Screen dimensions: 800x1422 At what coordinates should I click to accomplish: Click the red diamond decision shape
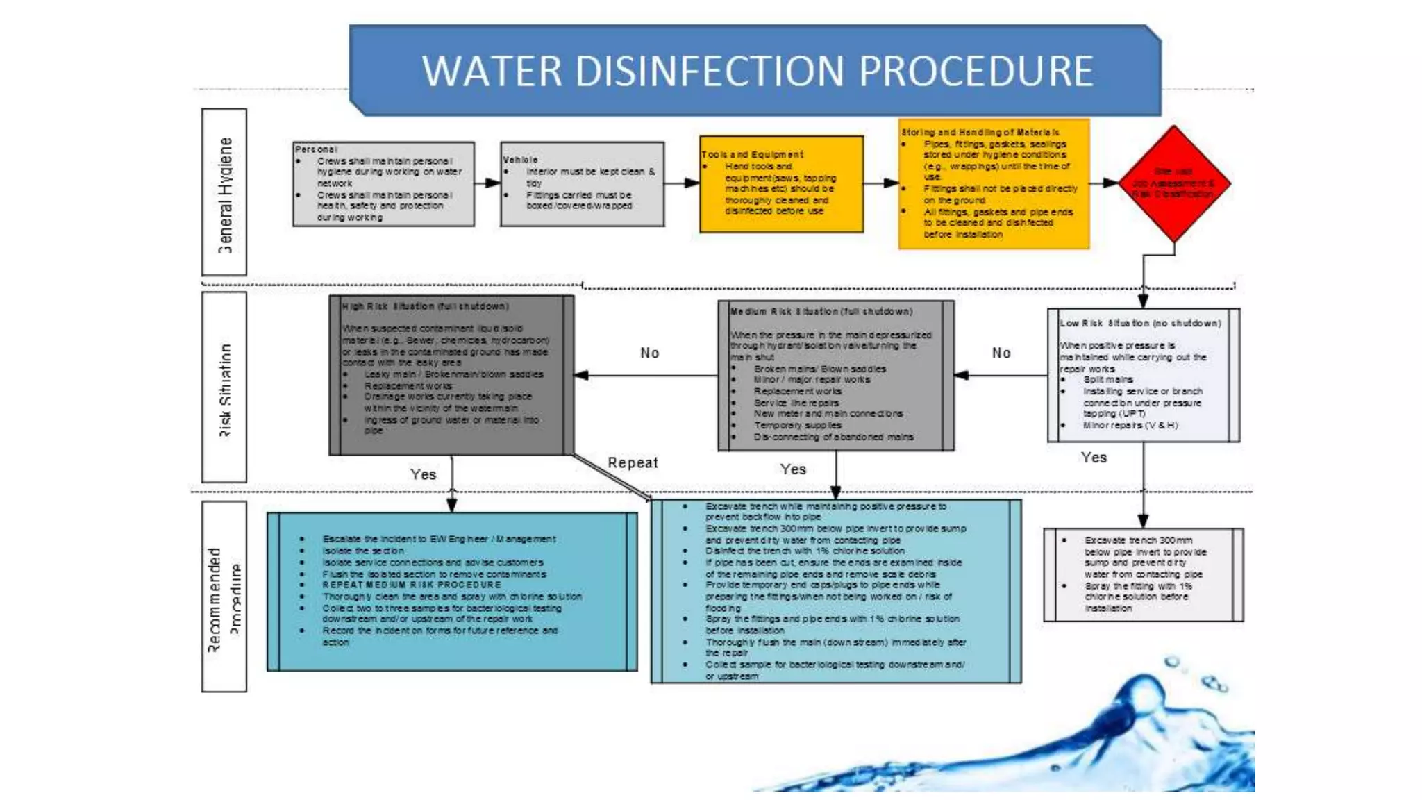[x=1173, y=183]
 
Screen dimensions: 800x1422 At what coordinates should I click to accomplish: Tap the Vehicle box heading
[x=520, y=160]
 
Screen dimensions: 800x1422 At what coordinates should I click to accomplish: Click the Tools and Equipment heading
[x=752, y=155]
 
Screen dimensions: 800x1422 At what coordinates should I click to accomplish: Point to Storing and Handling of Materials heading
[x=980, y=132]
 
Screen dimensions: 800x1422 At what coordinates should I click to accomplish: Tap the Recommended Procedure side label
[x=224, y=597]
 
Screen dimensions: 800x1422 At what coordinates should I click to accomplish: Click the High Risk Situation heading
[x=425, y=306]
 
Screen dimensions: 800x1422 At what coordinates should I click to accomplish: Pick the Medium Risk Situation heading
[x=821, y=312]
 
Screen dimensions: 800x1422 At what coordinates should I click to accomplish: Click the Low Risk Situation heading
[x=1139, y=324]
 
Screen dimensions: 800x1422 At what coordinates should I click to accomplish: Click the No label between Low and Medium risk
[x=1001, y=353]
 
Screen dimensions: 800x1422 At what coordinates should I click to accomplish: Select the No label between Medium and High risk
[x=649, y=353]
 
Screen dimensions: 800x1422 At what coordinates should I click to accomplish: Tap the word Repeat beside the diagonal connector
[x=633, y=463]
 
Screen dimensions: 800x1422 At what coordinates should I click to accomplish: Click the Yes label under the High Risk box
[x=423, y=474]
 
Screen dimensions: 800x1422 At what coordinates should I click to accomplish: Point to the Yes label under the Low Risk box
[x=1094, y=458]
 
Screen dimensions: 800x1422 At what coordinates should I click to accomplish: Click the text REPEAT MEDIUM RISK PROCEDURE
[x=411, y=585]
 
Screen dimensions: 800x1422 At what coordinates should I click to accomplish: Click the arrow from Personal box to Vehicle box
[x=487, y=183]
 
